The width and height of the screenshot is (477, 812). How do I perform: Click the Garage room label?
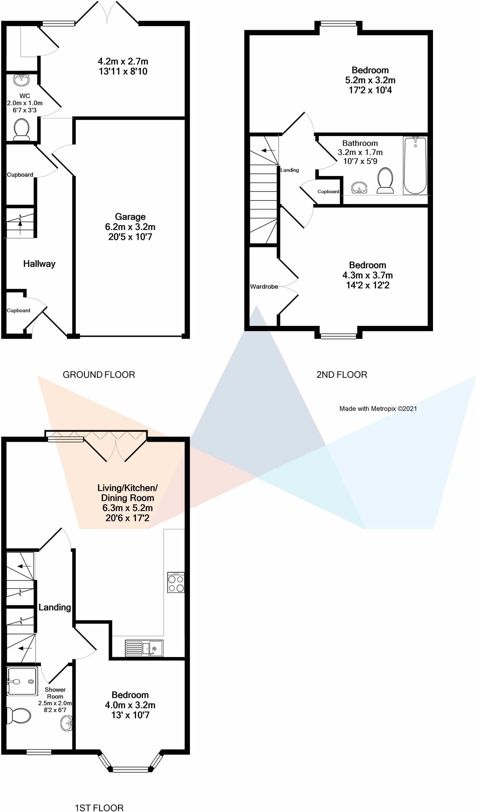[130, 217]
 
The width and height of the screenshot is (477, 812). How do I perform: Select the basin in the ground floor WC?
[21, 80]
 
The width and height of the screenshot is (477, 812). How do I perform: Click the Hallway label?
[39, 264]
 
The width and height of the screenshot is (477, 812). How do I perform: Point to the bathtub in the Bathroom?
[415, 165]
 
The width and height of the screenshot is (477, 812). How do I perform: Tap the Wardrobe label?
[264, 286]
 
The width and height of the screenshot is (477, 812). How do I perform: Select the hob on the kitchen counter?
[176, 582]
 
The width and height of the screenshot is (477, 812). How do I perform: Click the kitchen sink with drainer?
[144, 648]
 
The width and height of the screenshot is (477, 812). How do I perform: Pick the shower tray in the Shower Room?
[23, 681]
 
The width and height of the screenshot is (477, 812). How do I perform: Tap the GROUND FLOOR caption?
[99, 374]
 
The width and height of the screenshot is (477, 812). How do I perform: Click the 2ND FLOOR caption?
[342, 374]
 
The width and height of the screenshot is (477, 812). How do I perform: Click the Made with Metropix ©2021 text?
[378, 408]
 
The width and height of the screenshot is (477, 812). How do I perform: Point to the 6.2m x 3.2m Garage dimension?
[130, 227]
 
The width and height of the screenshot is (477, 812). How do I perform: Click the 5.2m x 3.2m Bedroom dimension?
[370, 80]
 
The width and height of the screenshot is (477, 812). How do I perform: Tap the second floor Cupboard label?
[328, 192]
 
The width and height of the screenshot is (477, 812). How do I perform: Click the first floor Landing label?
[55, 607]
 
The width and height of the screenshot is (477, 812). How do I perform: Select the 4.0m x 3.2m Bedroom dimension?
[130, 705]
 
